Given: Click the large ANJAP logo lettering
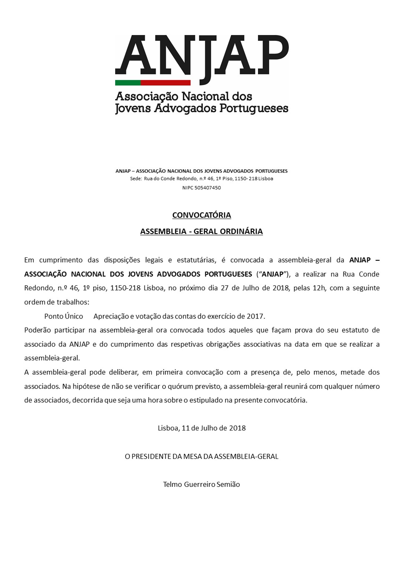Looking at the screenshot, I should click(202, 55).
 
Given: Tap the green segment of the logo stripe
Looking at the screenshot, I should click(128, 83).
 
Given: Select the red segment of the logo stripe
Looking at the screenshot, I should click(166, 83).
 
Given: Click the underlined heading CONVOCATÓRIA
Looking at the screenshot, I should click(202, 215).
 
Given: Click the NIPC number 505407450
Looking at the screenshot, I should click(207, 188).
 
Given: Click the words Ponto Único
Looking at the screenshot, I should click(63, 316).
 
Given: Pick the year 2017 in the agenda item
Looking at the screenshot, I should click(255, 316).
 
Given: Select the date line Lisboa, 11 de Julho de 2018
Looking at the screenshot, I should click(202, 428).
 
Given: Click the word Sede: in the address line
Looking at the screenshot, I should click(136, 179).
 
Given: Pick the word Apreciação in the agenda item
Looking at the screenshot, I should click(111, 316).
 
